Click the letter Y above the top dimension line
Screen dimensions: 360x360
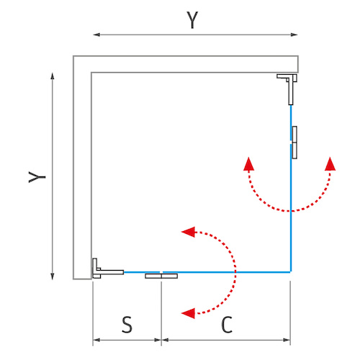click(x=192, y=20)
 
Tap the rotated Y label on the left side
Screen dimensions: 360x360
click(x=37, y=177)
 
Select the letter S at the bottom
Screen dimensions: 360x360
click(x=127, y=325)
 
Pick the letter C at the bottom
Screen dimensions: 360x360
click(x=227, y=325)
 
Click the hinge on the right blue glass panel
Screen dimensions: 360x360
click(x=294, y=143)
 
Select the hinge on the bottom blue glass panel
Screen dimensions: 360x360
click(x=161, y=276)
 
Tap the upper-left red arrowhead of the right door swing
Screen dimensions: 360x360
click(x=248, y=164)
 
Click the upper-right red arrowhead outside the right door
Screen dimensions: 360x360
click(x=330, y=164)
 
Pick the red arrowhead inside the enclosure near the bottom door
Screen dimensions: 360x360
click(x=188, y=232)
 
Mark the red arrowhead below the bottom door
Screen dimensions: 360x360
click(x=188, y=313)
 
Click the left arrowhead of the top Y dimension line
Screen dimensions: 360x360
click(x=96, y=35)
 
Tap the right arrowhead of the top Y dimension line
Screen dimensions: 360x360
click(x=294, y=35)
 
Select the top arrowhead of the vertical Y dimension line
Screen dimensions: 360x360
click(x=53, y=76)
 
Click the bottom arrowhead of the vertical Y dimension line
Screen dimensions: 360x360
click(x=53, y=276)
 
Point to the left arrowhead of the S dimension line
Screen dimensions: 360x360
click(x=96, y=340)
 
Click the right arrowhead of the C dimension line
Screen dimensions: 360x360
click(x=287, y=340)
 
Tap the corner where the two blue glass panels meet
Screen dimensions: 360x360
click(x=291, y=272)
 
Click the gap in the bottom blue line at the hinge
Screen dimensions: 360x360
click(x=161, y=272)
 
